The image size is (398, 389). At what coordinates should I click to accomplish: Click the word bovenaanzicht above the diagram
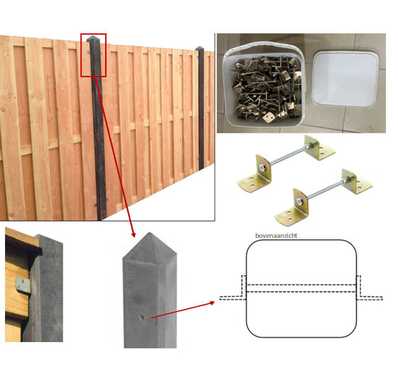point(276,236)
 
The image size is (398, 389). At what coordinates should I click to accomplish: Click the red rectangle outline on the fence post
point(81,55)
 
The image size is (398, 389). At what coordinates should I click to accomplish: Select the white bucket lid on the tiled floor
point(345,80)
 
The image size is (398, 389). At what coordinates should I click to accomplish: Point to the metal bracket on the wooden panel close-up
point(23,284)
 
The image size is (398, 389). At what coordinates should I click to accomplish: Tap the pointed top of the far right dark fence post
point(200,48)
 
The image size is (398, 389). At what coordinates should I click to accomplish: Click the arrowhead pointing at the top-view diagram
point(212,302)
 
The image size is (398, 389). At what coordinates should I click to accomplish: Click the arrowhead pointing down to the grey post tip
point(134,234)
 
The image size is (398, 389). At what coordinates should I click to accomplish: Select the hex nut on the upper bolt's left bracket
point(262,167)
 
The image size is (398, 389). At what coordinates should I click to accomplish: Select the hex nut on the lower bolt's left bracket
point(300,202)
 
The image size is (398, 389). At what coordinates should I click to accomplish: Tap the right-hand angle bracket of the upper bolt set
point(319,148)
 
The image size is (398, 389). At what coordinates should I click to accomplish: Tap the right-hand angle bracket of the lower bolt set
point(356,181)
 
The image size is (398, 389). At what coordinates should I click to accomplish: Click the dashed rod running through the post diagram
point(301,288)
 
